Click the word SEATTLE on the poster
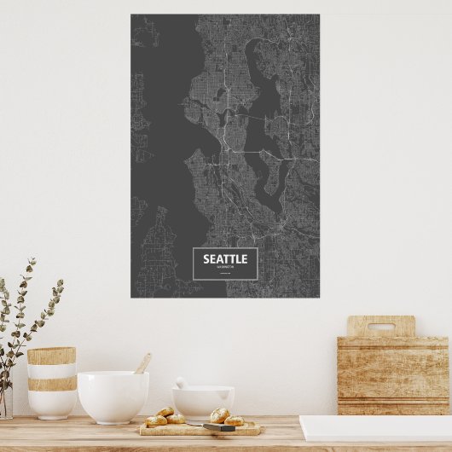225,259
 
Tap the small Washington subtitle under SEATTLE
225,268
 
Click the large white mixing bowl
113,397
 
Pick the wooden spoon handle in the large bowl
142,364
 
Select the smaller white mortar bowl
203,402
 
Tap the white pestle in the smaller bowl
181,383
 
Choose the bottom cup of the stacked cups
52,403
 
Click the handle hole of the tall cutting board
380,326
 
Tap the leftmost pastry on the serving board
156,420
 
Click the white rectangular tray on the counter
375,428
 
